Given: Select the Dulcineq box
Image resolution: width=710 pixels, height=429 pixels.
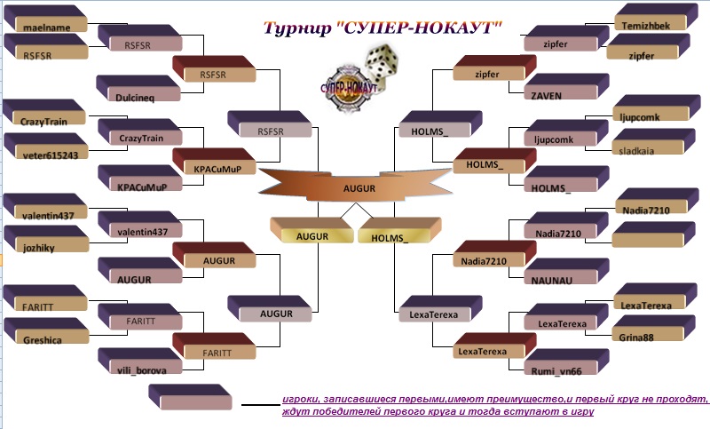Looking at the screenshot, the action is [x=138, y=88].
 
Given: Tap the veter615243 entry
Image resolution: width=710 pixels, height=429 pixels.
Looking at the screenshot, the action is [x=46, y=146].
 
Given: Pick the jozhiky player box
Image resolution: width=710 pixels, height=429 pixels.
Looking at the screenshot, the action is [x=46, y=239].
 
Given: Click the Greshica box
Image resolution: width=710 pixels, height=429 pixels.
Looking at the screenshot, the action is [x=46, y=331].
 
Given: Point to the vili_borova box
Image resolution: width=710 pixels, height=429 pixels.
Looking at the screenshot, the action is [x=140, y=361].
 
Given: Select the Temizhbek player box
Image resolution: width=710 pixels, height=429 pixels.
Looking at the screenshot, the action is [x=656, y=17].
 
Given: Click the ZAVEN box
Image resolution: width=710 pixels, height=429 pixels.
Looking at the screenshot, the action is [x=566, y=87].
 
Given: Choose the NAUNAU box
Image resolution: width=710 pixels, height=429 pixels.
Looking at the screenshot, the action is [x=566, y=272].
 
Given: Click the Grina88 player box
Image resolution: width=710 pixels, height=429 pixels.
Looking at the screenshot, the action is [x=652, y=329].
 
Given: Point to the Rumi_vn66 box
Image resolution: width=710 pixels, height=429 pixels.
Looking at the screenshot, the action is [x=566, y=362].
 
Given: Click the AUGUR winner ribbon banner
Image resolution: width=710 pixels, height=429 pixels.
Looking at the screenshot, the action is [x=356, y=185].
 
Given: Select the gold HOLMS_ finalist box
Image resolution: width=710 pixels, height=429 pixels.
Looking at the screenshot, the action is [x=398, y=231].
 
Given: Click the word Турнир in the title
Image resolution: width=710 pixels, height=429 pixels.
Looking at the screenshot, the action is [x=297, y=28].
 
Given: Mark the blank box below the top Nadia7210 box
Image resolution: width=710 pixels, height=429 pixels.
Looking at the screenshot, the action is [x=652, y=234].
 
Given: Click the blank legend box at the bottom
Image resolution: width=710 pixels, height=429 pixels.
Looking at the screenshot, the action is [x=190, y=398].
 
